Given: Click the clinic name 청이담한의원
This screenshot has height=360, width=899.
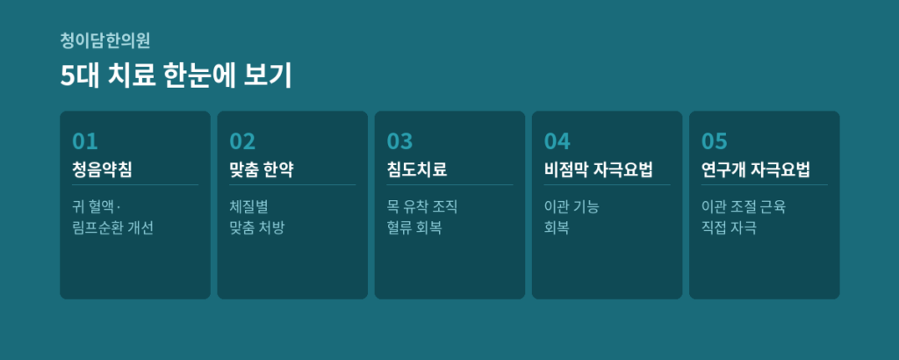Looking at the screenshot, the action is [x=105, y=40].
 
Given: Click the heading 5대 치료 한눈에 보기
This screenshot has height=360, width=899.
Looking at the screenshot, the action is [x=176, y=76].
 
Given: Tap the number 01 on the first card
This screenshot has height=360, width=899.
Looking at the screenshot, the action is [x=85, y=141].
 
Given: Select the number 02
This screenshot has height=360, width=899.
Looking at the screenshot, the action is [x=242, y=141].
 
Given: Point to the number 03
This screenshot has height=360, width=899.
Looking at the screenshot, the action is [x=399, y=141].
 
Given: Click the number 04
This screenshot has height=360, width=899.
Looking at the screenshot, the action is [x=557, y=141].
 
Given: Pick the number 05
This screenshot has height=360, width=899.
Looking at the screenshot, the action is [x=715, y=141].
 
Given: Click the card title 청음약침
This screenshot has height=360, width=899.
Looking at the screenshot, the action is [x=102, y=169].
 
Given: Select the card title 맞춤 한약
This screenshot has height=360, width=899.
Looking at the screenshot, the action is [x=262, y=169].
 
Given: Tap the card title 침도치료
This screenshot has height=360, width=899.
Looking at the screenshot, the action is [x=417, y=169].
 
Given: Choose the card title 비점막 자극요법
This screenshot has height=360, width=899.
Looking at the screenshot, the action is [x=599, y=169].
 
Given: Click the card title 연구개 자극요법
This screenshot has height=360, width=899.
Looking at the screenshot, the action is [x=756, y=169].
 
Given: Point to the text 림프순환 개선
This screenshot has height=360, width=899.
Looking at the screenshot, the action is [x=113, y=228].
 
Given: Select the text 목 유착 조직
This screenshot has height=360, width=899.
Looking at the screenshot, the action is [x=422, y=206].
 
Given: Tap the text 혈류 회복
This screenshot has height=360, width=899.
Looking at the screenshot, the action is [x=414, y=228].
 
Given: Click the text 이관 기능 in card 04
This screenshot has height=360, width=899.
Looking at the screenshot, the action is [x=572, y=206].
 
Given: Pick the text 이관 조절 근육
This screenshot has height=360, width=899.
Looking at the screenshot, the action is [x=744, y=206].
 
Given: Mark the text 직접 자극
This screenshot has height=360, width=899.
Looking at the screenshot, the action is [x=730, y=228].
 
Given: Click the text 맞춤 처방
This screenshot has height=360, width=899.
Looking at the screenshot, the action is [x=257, y=228].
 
